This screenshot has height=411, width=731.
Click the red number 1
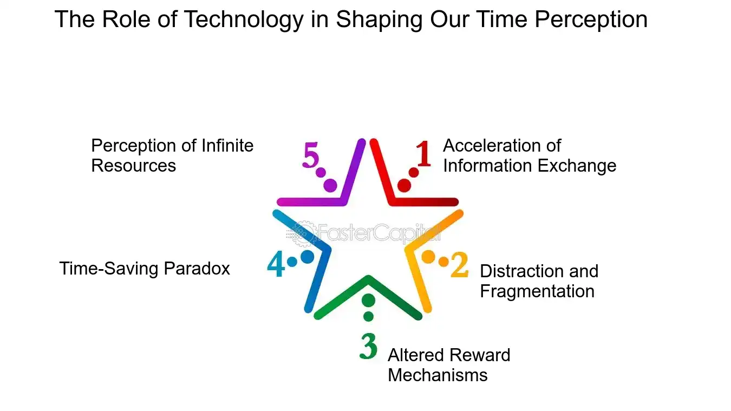423,154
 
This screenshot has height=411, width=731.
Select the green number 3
368,347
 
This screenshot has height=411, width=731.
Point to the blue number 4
276,265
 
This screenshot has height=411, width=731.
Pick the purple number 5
311,155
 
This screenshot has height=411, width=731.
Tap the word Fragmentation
537,291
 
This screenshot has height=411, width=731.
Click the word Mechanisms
438,375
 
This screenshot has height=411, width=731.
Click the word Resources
133,166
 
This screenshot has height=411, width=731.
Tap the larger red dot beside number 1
404,186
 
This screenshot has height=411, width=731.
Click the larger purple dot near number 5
330,186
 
